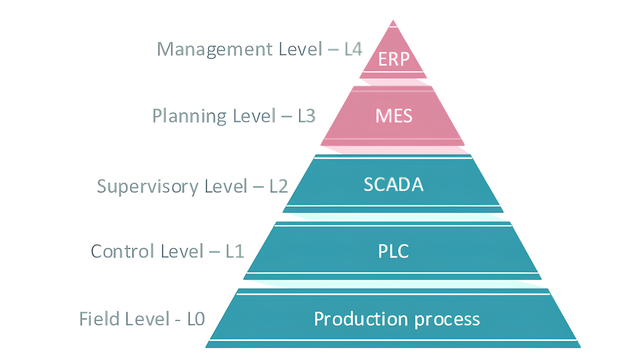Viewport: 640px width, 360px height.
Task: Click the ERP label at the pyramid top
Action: point(392,57)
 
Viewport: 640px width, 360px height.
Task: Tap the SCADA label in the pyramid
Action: point(392,184)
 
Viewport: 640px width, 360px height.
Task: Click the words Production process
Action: point(397,319)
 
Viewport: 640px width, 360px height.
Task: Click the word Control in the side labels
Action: point(123,250)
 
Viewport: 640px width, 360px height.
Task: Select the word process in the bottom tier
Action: point(447,320)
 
